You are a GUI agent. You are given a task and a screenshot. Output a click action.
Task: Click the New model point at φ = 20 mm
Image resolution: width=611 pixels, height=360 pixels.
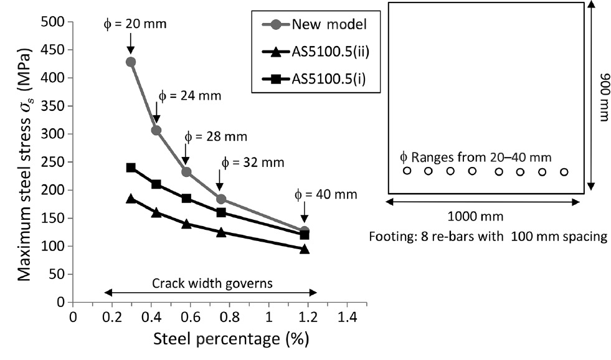click(131, 62)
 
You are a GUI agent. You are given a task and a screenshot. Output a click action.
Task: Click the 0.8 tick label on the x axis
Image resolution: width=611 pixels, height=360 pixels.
click(229, 316)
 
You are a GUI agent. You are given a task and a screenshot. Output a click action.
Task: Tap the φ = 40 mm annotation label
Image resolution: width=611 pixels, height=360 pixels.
click(326, 194)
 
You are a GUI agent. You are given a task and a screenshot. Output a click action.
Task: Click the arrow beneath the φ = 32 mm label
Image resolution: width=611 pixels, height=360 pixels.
click(220, 181)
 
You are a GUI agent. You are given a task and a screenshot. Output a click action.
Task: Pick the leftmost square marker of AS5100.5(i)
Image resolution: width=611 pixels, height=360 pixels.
click(131, 168)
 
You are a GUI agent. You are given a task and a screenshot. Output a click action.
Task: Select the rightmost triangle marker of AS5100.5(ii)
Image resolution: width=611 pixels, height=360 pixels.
click(305, 249)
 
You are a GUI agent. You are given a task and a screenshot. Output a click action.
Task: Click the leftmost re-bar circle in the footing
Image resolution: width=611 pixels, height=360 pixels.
click(407, 171)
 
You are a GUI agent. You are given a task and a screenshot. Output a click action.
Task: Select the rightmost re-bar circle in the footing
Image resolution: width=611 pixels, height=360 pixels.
click(564, 172)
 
